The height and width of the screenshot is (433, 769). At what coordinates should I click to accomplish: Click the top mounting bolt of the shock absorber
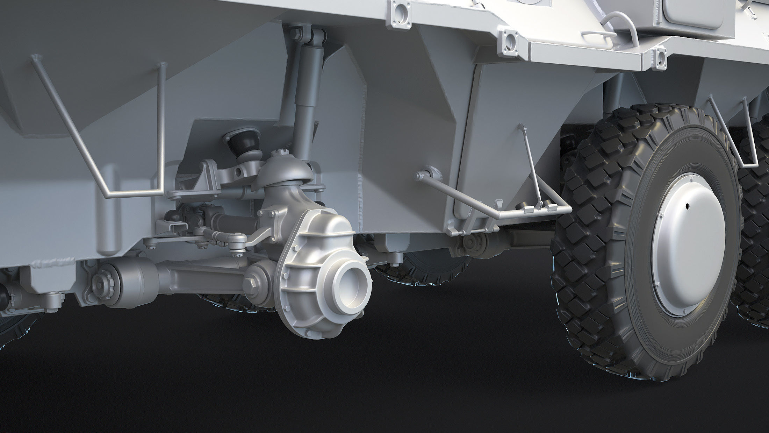point(295,34)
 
